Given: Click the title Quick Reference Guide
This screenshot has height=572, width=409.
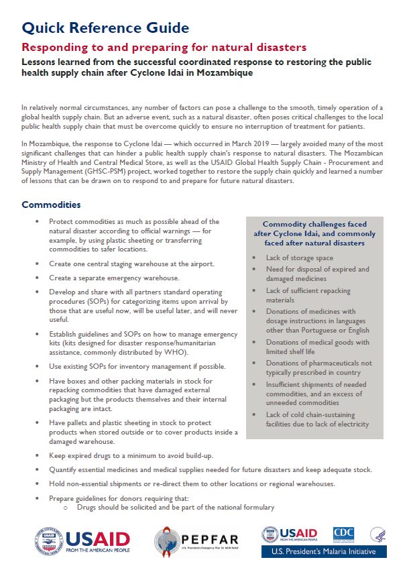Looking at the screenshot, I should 105,27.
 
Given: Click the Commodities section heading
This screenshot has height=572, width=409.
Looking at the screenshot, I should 51,205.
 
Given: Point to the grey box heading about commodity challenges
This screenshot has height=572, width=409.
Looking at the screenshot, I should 314,233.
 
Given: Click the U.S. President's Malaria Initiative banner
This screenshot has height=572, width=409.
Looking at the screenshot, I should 324,552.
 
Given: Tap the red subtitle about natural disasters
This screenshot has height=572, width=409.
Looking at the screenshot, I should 164,48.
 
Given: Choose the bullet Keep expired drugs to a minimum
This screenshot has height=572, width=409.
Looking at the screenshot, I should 131,455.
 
